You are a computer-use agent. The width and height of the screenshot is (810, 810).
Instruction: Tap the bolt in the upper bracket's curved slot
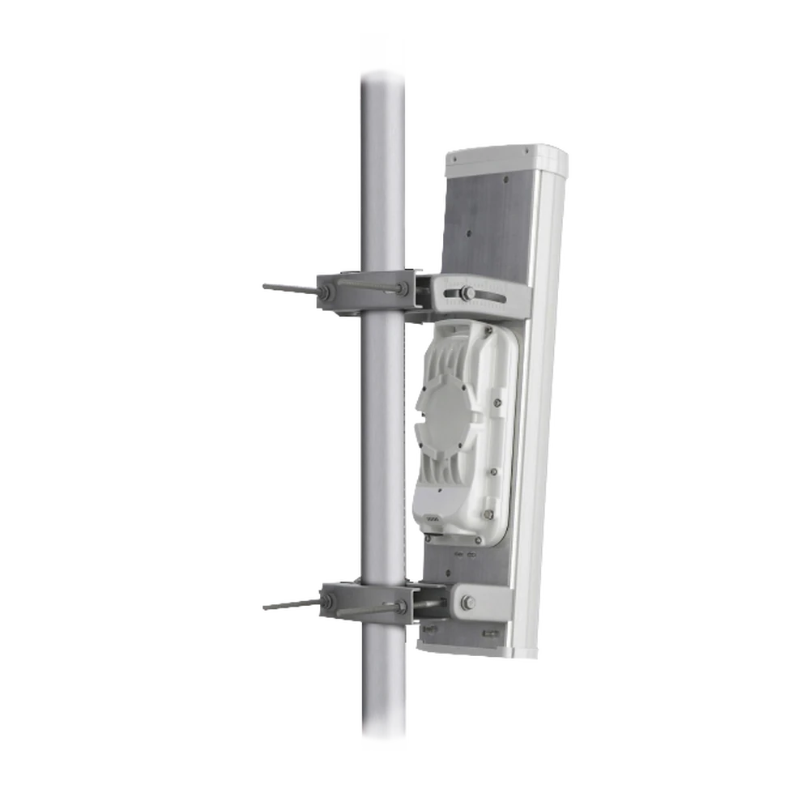(x=467, y=292)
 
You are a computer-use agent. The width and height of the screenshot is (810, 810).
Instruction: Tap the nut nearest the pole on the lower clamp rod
(x=399, y=604)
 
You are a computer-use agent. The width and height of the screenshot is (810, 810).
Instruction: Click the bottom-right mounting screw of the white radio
(x=489, y=513)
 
